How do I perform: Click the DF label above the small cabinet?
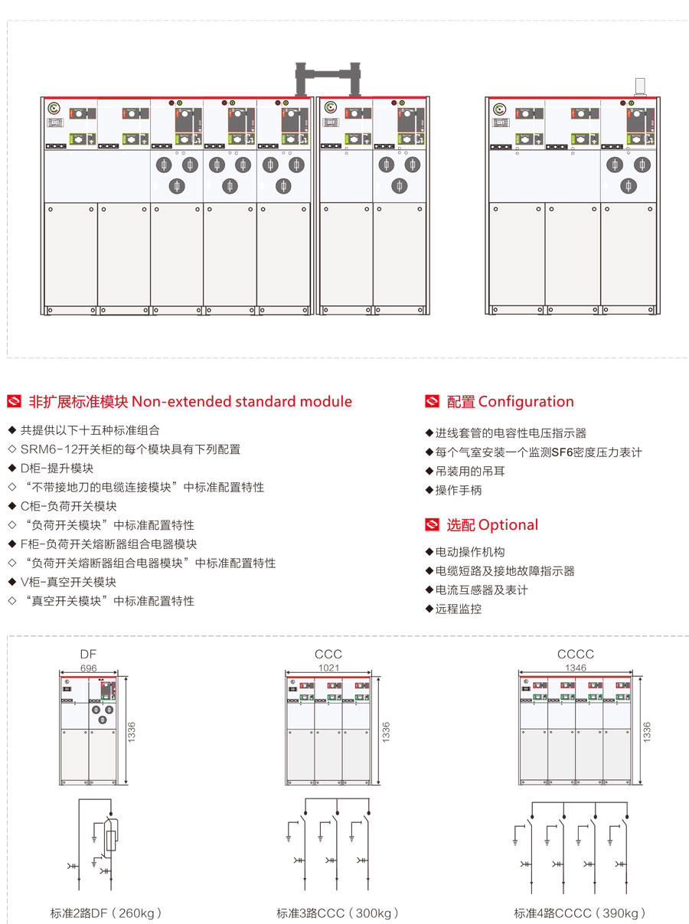(89, 654)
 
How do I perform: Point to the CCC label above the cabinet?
(328, 654)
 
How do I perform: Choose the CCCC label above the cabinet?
(575, 654)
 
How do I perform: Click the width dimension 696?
(89, 668)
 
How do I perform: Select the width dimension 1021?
(328, 668)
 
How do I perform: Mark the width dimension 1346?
(576, 668)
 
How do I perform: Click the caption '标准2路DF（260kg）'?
(106, 913)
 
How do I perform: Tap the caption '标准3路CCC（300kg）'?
(338, 913)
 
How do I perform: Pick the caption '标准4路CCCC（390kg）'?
(580, 913)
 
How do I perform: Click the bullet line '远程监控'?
(458, 609)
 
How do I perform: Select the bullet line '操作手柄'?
(458, 491)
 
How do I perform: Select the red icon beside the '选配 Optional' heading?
(433, 525)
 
